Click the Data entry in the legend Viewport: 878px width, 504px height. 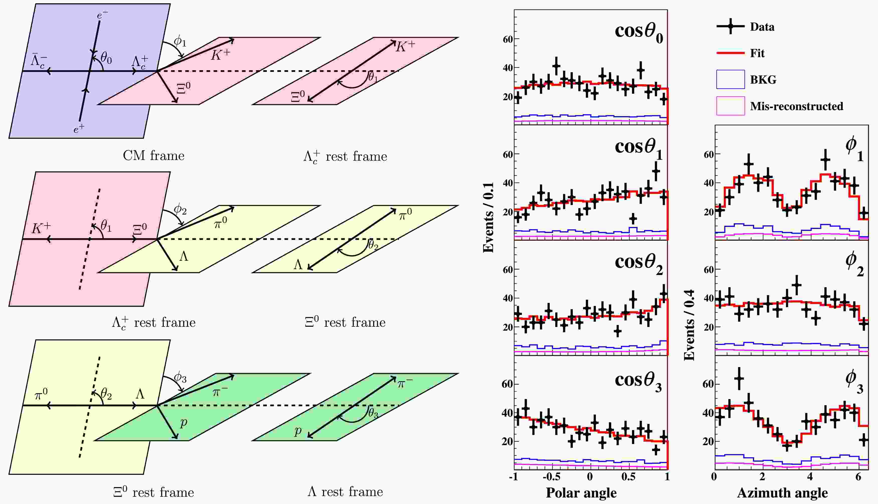point(762,27)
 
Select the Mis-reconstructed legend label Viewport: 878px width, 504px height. point(796,106)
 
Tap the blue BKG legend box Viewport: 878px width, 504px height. point(730,79)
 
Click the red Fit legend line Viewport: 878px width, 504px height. point(730,53)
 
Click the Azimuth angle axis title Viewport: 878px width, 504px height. point(782,492)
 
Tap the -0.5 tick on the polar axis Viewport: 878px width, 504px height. point(551,477)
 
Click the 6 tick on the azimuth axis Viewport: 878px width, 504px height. point(858,477)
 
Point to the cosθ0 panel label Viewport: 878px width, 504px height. point(638,33)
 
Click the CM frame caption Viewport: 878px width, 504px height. point(153,156)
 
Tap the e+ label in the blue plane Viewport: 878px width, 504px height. point(79,129)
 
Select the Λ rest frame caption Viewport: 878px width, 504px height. point(345,492)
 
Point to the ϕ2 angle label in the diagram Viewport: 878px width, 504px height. point(180,209)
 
